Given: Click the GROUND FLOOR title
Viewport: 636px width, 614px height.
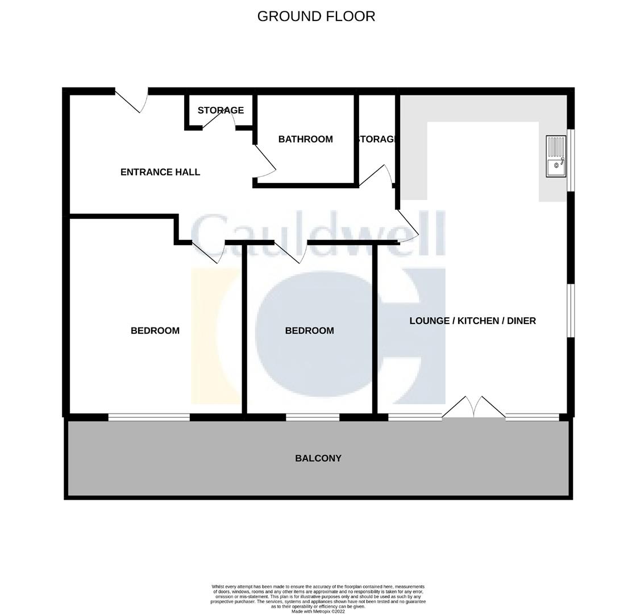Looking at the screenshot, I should click(x=316, y=16).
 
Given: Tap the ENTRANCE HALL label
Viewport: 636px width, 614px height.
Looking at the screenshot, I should click(x=160, y=172).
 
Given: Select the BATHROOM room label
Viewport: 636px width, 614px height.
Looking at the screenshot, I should click(x=305, y=139).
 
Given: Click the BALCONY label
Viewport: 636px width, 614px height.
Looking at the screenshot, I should click(x=318, y=458).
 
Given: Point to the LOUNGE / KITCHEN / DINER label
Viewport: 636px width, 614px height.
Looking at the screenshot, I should click(x=472, y=321).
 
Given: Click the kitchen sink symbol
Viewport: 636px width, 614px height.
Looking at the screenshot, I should click(x=556, y=156).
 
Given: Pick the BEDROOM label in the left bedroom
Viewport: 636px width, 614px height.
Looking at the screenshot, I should click(x=155, y=330).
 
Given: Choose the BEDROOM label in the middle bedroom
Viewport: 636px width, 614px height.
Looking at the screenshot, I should click(x=309, y=330).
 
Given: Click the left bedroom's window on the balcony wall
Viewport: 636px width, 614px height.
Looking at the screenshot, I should click(x=149, y=417).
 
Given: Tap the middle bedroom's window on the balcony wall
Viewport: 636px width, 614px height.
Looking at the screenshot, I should click(x=313, y=417).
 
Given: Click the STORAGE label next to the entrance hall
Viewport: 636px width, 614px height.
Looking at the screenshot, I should click(x=221, y=110).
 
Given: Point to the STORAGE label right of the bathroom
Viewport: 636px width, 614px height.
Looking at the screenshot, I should click(x=376, y=139).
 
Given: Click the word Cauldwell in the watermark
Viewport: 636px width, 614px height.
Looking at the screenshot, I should click(x=318, y=234).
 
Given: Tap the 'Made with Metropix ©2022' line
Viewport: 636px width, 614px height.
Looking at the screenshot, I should click(x=318, y=611).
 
